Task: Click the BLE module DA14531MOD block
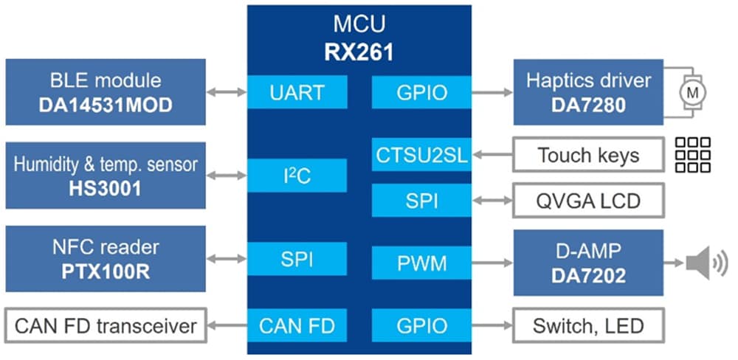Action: tap(105, 92)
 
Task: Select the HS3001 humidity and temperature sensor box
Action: tap(105, 176)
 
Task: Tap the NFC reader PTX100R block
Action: tap(105, 258)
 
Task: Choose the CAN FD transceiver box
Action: tap(105, 325)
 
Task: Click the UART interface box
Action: tap(297, 92)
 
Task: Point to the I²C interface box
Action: tap(297, 176)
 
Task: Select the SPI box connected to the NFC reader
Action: tap(297, 258)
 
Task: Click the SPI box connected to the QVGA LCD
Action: tap(421, 201)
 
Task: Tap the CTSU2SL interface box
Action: tap(421, 155)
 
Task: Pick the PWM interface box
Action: tap(421, 262)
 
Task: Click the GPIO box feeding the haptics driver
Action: tap(421, 92)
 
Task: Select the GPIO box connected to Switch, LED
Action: tap(421, 325)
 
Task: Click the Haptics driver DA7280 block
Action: tap(587, 92)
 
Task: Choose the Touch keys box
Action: tap(587, 155)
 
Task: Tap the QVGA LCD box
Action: tap(587, 201)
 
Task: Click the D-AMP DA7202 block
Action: tap(587, 262)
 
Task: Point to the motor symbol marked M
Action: tap(692, 92)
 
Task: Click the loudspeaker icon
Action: tap(706, 263)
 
